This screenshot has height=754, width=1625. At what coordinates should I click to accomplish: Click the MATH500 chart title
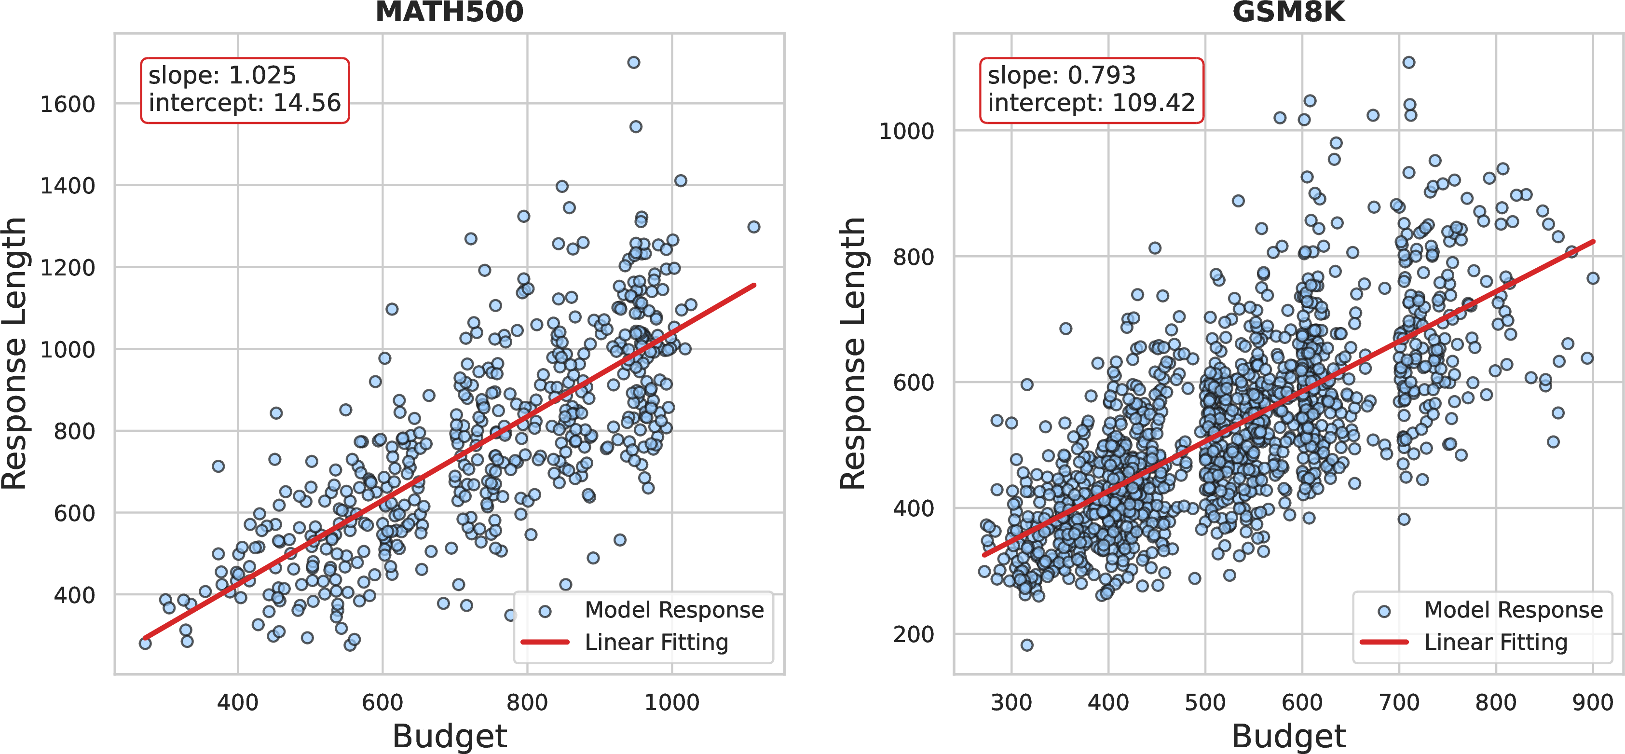449,13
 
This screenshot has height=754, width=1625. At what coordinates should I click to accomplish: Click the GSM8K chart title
1288,13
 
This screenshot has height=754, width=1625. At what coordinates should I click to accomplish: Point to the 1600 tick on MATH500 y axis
68,104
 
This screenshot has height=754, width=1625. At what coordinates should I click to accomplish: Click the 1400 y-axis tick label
68,186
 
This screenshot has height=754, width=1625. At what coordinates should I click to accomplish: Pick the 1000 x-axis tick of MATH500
671,702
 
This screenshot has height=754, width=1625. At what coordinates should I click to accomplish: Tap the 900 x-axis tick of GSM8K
1592,702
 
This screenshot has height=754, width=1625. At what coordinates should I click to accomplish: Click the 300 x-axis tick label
1011,702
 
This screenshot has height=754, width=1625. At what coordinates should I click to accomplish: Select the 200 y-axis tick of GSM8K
913,634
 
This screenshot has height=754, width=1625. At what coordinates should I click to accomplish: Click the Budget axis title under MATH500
449,736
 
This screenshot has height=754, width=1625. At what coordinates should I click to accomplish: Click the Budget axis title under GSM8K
1288,736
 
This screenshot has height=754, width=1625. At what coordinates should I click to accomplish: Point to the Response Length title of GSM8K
853,353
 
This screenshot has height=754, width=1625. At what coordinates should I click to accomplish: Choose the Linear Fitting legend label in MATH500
656,642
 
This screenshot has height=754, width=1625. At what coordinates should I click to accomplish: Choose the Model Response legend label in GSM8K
1513,610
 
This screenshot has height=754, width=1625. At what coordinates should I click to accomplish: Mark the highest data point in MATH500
633,62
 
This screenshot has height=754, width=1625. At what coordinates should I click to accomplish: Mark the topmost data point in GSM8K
1408,62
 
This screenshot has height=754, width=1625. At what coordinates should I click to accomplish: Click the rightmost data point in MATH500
753,227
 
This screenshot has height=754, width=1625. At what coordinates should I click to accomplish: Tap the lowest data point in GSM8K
1026,645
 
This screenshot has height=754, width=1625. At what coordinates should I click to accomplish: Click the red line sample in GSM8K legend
1384,642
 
